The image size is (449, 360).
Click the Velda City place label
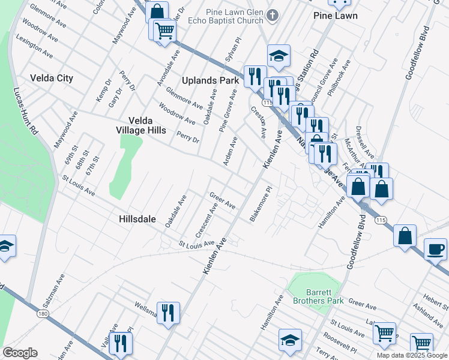coord(52,78)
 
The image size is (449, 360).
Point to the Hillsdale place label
coord(138,220)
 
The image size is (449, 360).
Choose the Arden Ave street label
coord(231,151)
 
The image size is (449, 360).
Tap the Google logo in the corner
coord(20,352)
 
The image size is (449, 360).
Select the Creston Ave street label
coord(259,121)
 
